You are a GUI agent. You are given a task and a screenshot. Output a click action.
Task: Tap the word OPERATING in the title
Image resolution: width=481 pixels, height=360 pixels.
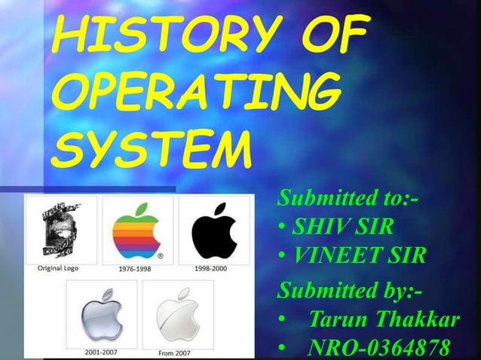[x=191, y=96]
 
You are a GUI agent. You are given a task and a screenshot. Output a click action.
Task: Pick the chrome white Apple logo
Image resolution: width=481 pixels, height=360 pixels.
[x=176, y=312]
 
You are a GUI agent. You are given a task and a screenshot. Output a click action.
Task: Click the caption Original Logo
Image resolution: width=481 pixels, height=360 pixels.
[x=57, y=267]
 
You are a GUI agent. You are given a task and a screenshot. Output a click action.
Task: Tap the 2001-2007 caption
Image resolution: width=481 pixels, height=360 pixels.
[x=100, y=352]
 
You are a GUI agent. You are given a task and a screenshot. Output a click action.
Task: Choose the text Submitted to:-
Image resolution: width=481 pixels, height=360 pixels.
[x=349, y=200]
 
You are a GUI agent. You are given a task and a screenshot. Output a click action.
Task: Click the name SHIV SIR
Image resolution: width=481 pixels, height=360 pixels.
[x=344, y=227]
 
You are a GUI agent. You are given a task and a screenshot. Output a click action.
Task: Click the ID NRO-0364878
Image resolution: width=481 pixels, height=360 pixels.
[x=380, y=349]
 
